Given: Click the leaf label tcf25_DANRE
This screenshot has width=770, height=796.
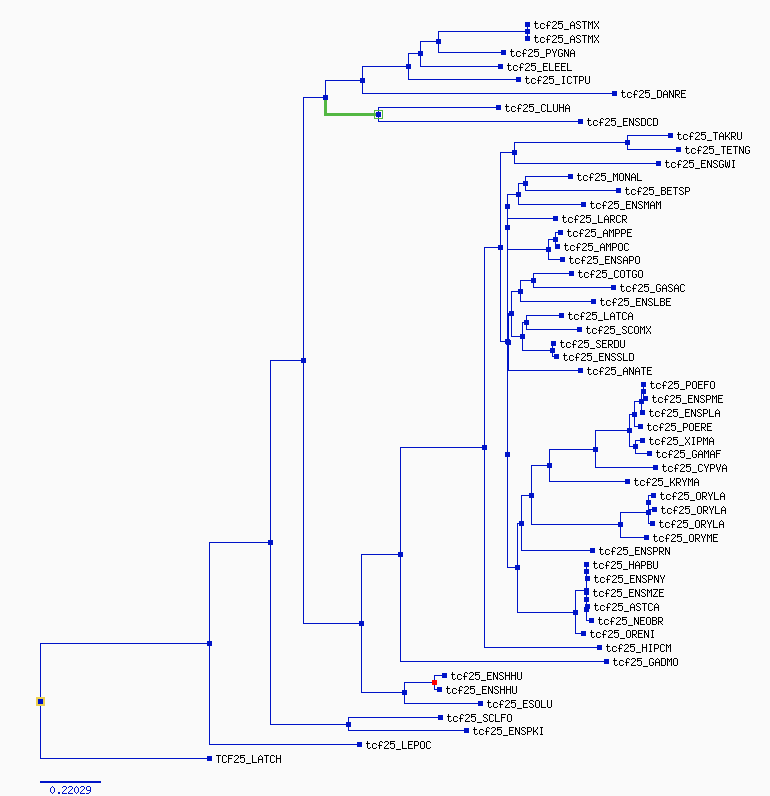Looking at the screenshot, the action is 653,94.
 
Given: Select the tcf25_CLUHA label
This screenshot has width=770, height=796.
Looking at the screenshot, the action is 537,108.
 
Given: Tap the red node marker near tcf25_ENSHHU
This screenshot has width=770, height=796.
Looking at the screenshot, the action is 434,683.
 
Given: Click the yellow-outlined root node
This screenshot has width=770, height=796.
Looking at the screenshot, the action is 41,702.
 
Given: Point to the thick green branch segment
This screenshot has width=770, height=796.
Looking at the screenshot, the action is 350,114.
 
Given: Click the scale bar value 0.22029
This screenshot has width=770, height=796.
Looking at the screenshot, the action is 71,790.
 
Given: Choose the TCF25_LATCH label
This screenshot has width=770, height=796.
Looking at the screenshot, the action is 248,759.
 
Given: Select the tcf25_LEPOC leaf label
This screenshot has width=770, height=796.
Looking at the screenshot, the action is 398,745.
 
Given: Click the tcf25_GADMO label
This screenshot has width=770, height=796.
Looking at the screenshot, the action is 645,662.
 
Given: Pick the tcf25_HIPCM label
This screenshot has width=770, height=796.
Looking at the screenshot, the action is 639,648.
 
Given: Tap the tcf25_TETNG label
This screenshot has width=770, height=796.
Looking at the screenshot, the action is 717,150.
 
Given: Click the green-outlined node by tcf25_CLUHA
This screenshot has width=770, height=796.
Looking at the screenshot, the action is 378,115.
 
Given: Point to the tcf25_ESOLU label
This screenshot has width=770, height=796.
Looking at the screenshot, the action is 519,704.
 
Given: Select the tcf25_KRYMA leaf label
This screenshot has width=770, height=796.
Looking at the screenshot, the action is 666,482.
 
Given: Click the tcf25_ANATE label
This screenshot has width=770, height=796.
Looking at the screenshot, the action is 619,372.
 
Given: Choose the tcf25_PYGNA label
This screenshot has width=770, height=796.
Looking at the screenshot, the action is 542,53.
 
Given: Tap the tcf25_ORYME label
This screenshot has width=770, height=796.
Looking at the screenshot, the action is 685,538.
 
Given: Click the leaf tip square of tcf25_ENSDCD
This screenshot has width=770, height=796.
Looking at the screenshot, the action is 580,122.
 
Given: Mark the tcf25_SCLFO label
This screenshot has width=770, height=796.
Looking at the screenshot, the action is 479,718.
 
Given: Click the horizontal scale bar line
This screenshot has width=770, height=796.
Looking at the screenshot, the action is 71,782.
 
